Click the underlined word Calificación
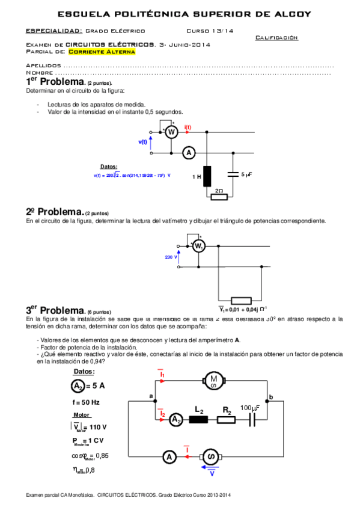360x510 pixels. (276, 37)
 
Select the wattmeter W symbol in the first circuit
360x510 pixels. (171, 132)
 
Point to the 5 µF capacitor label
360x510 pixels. (246, 174)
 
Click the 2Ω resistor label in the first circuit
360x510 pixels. (218, 190)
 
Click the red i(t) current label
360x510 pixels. (188, 127)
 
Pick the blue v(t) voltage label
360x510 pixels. (142, 142)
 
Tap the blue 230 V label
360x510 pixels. (170, 257)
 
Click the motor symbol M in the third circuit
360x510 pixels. (212, 379)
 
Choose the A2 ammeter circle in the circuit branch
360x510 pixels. (175, 419)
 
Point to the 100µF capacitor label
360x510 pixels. (250, 408)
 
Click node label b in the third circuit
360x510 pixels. (270, 396)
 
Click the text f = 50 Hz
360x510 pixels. (85, 401)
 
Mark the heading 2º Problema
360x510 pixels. (54, 212)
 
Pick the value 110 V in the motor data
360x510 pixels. (97, 427)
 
